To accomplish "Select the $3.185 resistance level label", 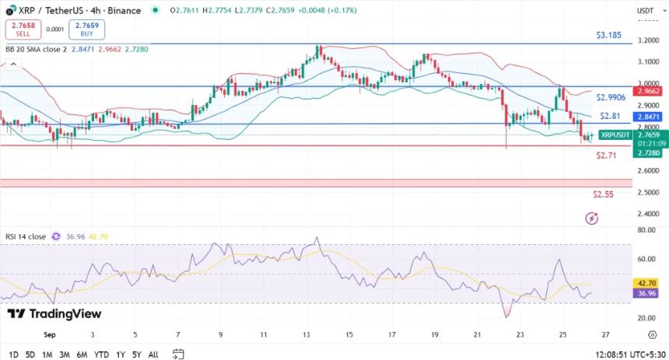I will coord(608,36).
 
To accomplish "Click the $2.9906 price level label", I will coord(611,97).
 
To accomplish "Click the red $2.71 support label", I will coord(606,156).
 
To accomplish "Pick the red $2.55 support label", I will coord(603,194).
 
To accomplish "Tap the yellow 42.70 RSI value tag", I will coord(647,284).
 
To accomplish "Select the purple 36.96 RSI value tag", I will coord(647,293).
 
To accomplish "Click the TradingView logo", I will coord(54,313).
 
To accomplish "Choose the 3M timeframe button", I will coord(64,355).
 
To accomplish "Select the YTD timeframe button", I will coord(101,355).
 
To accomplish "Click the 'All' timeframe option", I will coord(152,355).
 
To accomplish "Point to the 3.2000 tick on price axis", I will coord(647,40).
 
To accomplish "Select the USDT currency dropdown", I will coord(646,11).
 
